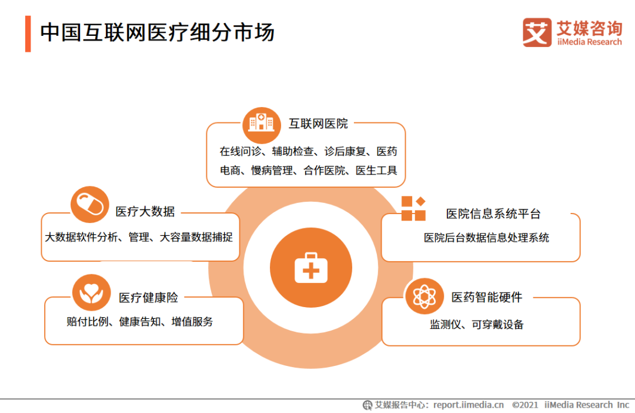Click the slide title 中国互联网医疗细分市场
(x=157, y=32)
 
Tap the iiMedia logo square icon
(x=537, y=32)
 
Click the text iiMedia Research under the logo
(x=589, y=42)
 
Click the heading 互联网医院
(x=318, y=124)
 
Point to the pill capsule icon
(x=89, y=204)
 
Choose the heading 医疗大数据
(x=145, y=211)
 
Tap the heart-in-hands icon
(x=92, y=292)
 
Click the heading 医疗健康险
(x=149, y=298)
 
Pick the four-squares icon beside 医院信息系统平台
(x=413, y=208)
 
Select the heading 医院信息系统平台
(x=493, y=214)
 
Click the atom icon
(x=424, y=297)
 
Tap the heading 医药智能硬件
(x=487, y=297)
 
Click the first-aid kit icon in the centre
(x=311, y=268)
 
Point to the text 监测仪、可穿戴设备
(x=477, y=324)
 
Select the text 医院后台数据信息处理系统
(x=486, y=238)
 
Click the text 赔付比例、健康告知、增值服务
(x=140, y=322)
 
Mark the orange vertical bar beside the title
(x=28, y=34)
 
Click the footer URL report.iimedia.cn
(x=469, y=405)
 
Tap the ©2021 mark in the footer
(x=525, y=405)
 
